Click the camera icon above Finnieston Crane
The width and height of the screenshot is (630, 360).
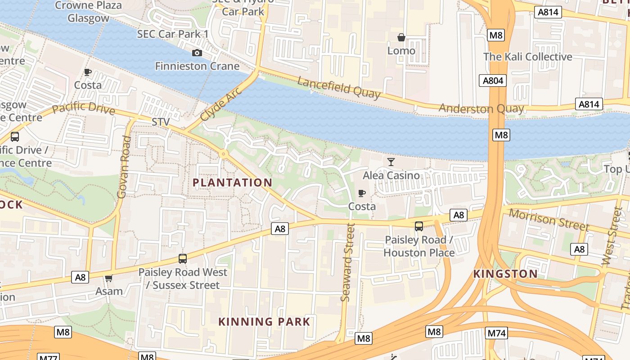click(197, 53)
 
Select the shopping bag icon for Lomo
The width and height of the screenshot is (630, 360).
click(401, 37)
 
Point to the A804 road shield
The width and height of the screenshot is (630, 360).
click(492, 81)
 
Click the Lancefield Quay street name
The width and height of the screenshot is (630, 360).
click(339, 87)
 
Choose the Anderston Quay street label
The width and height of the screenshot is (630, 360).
click(481, 108)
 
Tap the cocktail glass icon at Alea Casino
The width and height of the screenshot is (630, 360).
click(391, 162)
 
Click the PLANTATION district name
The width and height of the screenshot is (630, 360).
click(232, 182)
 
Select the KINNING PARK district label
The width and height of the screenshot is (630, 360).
click(264, 321)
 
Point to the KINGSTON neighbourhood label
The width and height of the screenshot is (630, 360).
click(505, 274)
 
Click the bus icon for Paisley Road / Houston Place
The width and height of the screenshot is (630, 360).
click(419, 226)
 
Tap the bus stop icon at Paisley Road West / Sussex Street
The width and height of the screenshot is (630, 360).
click(183, 259)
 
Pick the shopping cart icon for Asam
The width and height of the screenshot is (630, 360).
click(108, 279)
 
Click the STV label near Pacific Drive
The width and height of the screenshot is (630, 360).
click(161, 122)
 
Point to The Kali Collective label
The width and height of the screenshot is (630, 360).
click(527, 57)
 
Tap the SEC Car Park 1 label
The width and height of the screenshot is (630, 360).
click(173, 34)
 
